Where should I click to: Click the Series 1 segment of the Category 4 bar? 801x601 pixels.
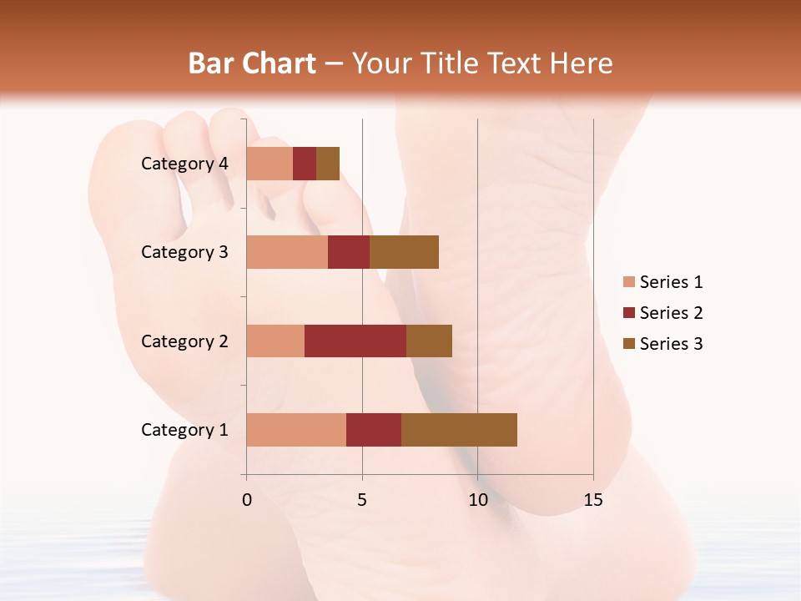click(x=270, y=164)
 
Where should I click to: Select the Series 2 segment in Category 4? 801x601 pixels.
click(x=305, y=164)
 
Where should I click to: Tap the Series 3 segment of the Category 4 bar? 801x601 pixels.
click(x=328, y=164)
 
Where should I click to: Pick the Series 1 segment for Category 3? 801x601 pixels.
click(x=287, y=252)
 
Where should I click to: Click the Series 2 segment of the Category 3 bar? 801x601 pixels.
click(x=349, y=252)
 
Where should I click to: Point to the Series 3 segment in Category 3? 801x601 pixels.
click(x=404, y=252)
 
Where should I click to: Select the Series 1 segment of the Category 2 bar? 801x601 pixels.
click(x=275, y=341)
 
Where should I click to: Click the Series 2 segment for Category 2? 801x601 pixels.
click(x=355, y=341)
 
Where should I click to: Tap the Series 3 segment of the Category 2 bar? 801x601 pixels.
click(x=429, y=341)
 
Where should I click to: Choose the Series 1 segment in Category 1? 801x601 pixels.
click(x=296, y=430)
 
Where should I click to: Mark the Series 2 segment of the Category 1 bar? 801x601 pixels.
click(x=374, y=430)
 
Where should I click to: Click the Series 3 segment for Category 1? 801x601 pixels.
click(x=459, y=430)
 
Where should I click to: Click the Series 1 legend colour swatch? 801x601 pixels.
click(x=629, y=282)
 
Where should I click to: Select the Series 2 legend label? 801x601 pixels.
click(x=671, y=313)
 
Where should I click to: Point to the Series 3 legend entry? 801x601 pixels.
click(x=663, y=344)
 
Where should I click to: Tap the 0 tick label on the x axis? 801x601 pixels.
click(x=247, y=500)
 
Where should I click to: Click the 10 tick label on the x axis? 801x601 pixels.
click(x=477, y=500)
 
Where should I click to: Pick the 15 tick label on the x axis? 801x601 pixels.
click(x=592, y=500)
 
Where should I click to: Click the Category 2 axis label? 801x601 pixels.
click(x=184, y=341)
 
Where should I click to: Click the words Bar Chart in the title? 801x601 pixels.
click(x=252, y=63)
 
